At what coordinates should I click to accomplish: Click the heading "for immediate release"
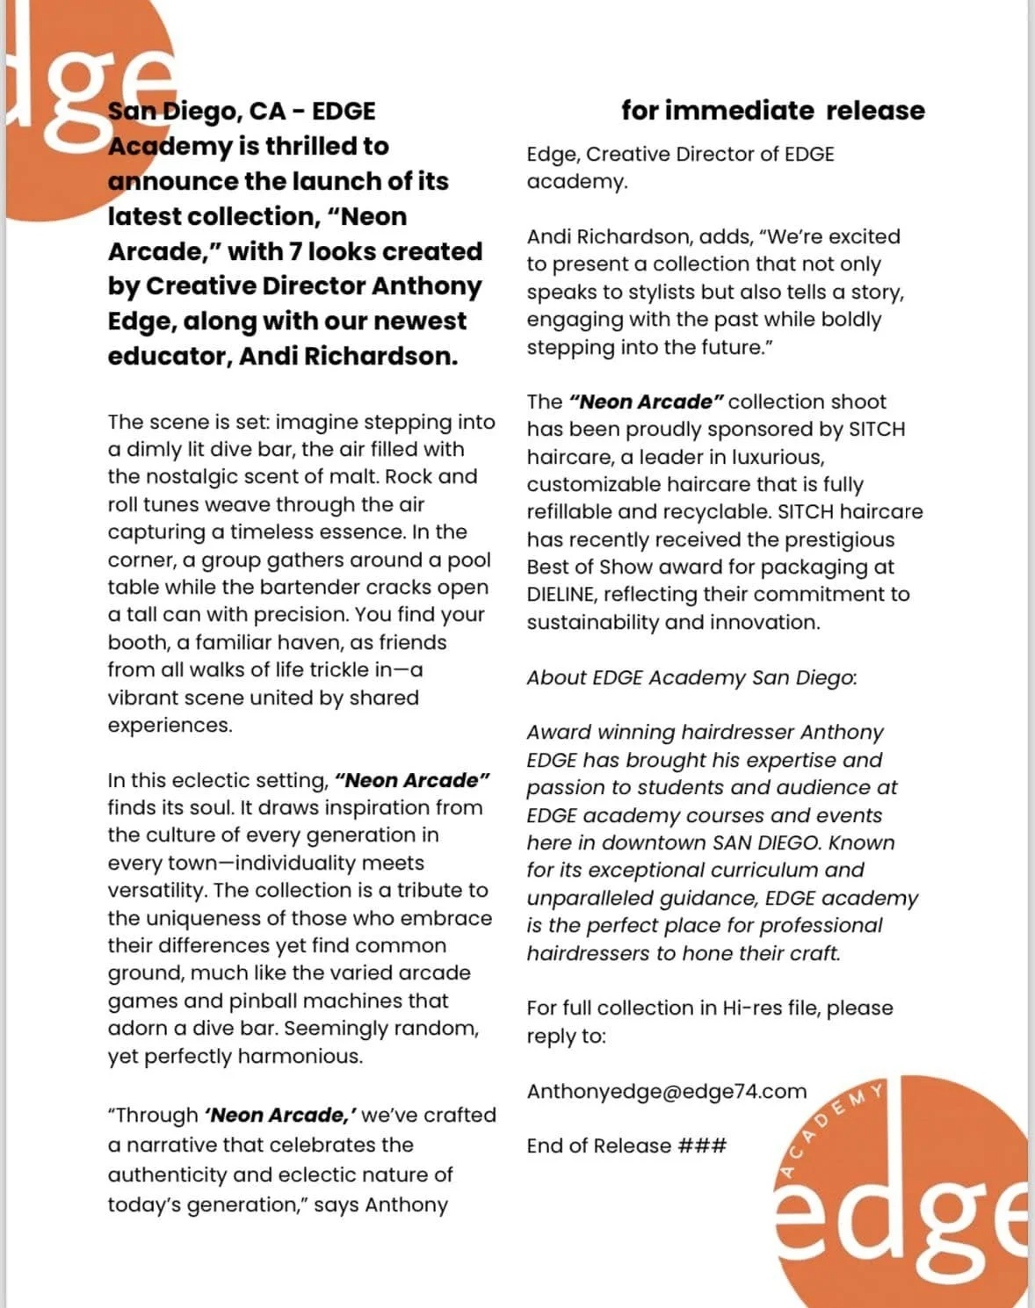click(x=772, y=111)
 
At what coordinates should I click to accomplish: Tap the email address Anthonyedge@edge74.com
click(x=666, y=1091)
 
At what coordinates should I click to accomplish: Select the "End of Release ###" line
click(x=626, y=1145)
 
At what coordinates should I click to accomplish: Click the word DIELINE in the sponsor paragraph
click(x=561, y=595)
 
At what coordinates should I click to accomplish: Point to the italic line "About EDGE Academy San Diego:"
click(x=691, y=677)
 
